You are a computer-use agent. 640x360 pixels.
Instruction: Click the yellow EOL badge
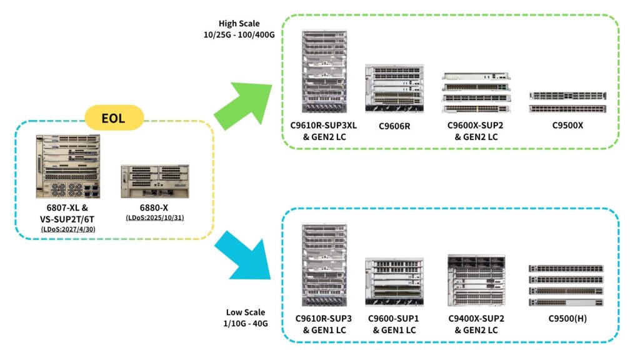(114, 117)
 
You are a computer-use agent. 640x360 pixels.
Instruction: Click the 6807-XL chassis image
(67, 166)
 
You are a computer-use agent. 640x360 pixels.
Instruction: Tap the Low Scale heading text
(246, 312)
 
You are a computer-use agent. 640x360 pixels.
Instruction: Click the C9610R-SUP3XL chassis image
(324, 71)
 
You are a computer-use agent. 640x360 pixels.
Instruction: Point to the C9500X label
(567, 126)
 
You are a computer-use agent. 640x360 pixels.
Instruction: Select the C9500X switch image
(567, 102)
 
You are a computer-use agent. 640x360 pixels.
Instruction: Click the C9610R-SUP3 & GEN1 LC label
(324, 324)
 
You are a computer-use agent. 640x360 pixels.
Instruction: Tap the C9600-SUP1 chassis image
(394, 282)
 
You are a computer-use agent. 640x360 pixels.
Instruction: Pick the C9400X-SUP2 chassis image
(476, 279)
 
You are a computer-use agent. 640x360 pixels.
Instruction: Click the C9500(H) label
(566, 319)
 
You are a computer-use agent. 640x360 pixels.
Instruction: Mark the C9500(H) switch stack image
(566, 285)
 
